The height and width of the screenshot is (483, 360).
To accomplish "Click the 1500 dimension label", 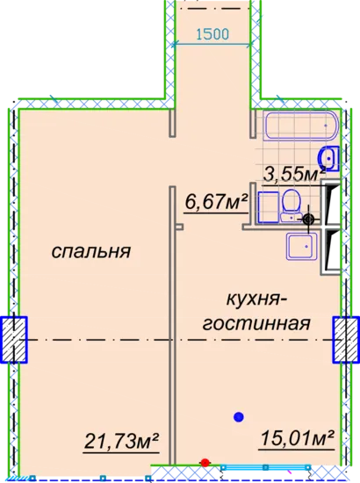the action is [212, 34].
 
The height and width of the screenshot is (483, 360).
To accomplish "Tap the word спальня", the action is [91, 251].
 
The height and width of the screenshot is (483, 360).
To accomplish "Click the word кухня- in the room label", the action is [255, 299].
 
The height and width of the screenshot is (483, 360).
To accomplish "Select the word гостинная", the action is [256, 323].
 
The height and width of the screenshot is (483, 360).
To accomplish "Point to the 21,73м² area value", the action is [121, 442].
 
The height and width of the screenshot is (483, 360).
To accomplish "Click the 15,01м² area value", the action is [297, 438].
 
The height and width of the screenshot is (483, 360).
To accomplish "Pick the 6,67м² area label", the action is [216, 202].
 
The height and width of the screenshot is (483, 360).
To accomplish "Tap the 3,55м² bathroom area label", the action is [294, 176].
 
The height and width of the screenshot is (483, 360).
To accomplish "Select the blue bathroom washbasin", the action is [329, 159].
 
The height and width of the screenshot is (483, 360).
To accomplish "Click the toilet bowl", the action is [291, 205].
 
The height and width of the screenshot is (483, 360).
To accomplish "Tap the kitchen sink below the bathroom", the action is [302, 247].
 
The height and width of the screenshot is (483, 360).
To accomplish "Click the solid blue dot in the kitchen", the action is [239, 417].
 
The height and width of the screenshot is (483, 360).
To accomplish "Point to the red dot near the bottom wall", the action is [205, 463].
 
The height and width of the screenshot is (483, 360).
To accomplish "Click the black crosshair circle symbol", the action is [308, 220].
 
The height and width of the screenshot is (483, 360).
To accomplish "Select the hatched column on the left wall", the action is [14, 340].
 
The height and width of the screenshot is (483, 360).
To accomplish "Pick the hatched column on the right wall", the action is [346, 340].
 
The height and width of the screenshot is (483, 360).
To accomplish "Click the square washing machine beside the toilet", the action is [269, 207].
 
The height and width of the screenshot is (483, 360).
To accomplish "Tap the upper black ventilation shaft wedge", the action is [331, 204].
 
